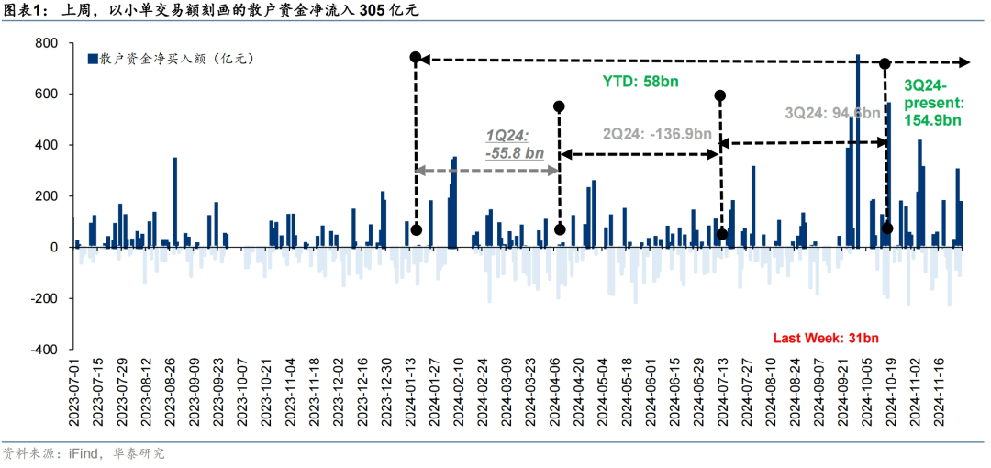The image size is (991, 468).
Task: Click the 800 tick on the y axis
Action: (x=45, y=43)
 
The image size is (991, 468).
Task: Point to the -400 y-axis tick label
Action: (x=42, y=350)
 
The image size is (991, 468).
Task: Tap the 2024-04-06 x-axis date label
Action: (x=554, y=395)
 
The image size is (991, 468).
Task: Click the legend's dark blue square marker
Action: (x=92, y=60)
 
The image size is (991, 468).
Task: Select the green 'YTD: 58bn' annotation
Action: (x=640, y=82)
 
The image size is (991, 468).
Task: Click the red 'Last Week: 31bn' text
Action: (x=826, y=339)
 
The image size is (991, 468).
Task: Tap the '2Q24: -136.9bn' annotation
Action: (x=657, y=133)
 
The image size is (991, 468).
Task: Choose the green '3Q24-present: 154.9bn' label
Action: (x=932, y=101)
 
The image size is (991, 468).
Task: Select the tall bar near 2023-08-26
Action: (x=175, y=202)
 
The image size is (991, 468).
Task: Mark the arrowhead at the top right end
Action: (x=965, y=62)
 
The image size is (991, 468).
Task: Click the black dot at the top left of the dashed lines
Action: (x=415, y=58)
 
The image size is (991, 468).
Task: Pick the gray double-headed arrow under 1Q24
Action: (x=487, y=171)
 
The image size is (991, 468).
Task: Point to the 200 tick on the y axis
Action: (x=45, y=196)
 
